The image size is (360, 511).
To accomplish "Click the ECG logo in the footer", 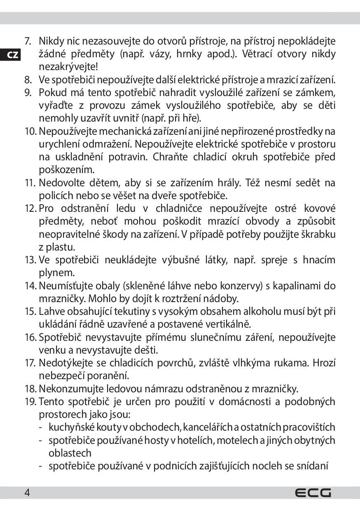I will coord(313,492).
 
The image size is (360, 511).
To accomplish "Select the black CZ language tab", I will coord(13,55).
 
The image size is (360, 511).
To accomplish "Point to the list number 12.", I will coord(31,209).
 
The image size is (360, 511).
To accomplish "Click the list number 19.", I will coord(31,401).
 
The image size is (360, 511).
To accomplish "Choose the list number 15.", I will coord(31,312).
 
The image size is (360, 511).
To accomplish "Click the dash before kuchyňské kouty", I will coord(42,427).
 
